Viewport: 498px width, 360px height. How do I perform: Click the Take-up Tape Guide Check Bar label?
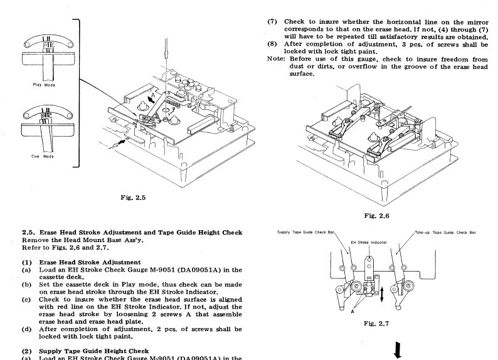[445, 232]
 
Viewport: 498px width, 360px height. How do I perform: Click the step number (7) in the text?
[272, 21]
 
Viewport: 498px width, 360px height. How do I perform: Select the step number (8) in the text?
[272, 45]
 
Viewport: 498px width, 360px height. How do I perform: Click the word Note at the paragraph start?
[277, 60]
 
